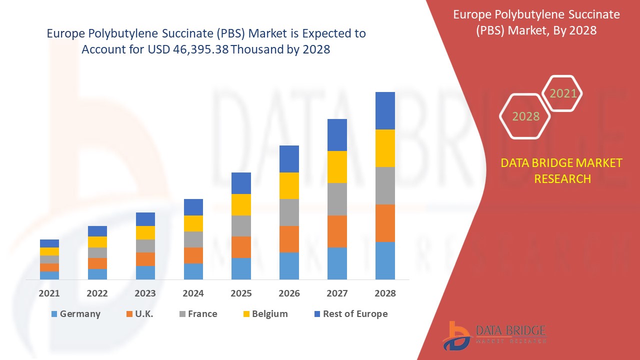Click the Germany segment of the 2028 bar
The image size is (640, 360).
385,260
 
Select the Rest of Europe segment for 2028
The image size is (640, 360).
385,110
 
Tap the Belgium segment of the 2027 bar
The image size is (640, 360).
337,166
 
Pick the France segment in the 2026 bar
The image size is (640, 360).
289,212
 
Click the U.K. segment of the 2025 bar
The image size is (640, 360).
241,247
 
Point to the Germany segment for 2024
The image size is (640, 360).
193,271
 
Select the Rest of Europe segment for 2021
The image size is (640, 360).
49,243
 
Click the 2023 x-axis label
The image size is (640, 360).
145,293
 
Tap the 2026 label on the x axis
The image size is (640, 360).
289,293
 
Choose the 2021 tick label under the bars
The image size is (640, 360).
49,293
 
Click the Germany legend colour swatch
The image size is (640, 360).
54,314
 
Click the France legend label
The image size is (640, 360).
202,314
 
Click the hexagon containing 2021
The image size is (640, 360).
563,93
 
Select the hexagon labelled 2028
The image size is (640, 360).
525,116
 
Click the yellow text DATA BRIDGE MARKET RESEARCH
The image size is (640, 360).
561,170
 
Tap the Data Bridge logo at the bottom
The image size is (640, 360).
493,335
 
